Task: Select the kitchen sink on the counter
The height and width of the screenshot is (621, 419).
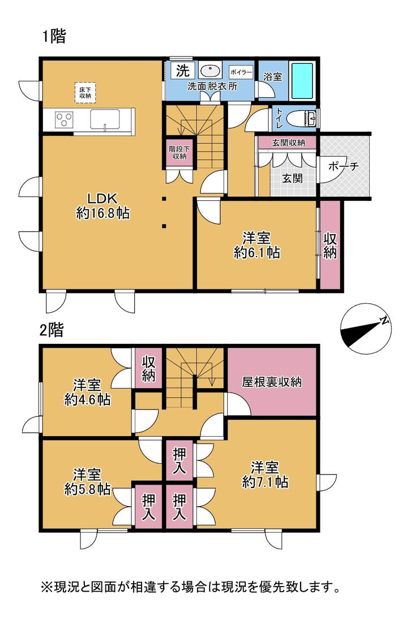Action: (105, 119)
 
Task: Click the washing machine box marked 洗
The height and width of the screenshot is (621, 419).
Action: (183, 71)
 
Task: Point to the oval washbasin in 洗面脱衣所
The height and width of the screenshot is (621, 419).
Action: (209, 71)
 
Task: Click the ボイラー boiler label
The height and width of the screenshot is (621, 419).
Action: (241, 72)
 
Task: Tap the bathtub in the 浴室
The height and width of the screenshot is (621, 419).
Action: (302, 81)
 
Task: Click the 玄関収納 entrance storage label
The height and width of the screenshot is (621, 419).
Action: (289, 143)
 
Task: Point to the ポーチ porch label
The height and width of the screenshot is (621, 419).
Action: (343, 166)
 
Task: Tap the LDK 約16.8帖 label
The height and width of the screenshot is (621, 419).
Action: (102, 205)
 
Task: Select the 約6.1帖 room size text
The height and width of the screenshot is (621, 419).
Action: (257, 252)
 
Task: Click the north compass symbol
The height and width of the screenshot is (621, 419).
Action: (365, 329)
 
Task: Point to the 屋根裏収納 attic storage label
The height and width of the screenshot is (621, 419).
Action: (272, 382)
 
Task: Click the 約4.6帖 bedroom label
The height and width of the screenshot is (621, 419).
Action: (87, 399)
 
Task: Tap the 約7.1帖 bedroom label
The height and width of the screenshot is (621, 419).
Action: (265, 482)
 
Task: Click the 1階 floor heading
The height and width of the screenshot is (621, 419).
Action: (54, 36)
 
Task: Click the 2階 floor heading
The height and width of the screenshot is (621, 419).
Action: (52, 330)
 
